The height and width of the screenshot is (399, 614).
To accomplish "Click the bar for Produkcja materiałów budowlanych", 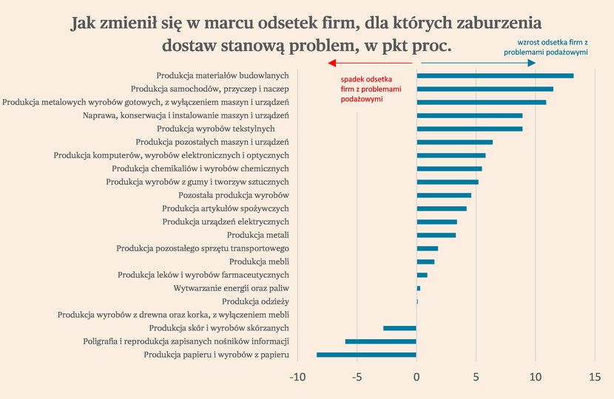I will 495,75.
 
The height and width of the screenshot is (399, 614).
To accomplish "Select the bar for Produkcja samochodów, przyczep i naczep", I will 485,89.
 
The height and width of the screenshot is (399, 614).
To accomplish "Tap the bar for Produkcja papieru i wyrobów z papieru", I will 366,355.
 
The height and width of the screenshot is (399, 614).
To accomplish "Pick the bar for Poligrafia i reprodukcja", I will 380,341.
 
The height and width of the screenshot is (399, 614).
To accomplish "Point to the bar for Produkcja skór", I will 399,328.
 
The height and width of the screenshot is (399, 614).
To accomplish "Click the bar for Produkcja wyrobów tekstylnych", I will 470,129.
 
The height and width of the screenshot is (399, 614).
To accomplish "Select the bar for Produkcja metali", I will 436,235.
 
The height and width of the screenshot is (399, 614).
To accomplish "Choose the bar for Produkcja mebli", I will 425,262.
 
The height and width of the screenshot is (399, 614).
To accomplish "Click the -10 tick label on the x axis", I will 297,378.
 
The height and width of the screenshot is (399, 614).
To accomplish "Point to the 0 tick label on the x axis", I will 416,378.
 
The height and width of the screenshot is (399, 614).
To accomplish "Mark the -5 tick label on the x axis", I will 357,378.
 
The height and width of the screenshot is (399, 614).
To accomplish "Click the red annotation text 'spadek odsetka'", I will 365,79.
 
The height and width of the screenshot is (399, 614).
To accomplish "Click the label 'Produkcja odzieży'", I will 255,301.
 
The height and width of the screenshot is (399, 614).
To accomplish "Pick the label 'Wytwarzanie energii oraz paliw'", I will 231,288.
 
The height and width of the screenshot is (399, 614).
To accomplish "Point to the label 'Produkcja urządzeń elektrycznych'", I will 226,222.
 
